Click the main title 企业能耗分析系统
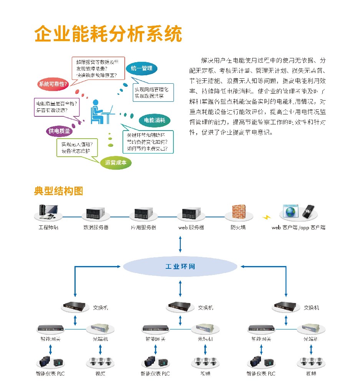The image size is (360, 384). click(108, 35)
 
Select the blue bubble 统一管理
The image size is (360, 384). click(141, 68)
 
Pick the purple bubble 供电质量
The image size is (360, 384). click(59, 131)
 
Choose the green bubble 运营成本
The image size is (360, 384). click(116, 162)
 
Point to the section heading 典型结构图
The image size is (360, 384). click(58, 191)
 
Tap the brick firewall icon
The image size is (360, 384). click(238, 212)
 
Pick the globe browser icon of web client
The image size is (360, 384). click(290, 212)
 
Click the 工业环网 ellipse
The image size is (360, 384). click(180, 266)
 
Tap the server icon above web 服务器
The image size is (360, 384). click(191, 213)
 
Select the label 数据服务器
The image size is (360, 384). click(96, 227)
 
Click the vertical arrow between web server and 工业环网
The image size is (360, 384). click(180, 244)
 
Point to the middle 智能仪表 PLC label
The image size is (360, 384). click(155, 374)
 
